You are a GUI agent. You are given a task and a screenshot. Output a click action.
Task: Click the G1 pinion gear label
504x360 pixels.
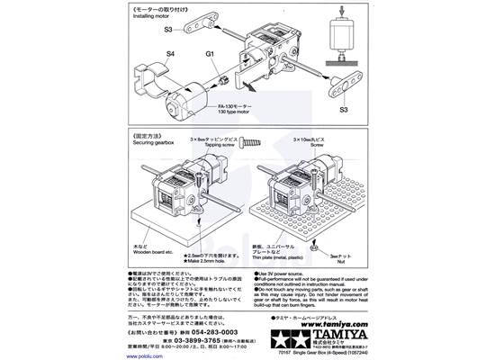pyautogui.click(x=211, y=53)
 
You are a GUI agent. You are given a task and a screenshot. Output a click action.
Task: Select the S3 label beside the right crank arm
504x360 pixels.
pyautogui.click(x=345, y=110)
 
